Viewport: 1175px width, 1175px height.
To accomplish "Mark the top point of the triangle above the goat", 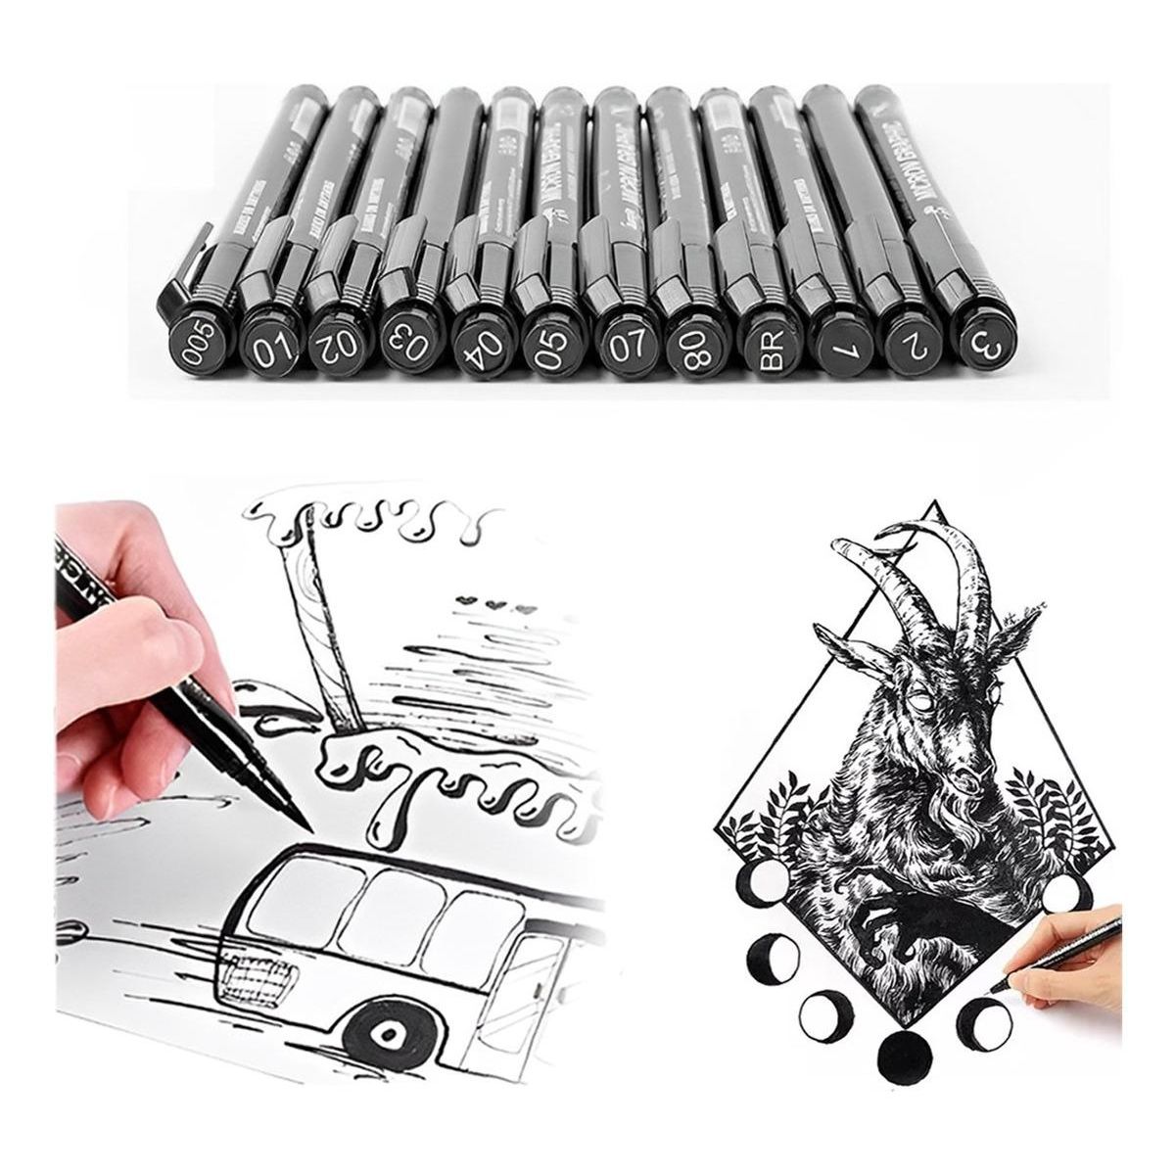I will [936, 503].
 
